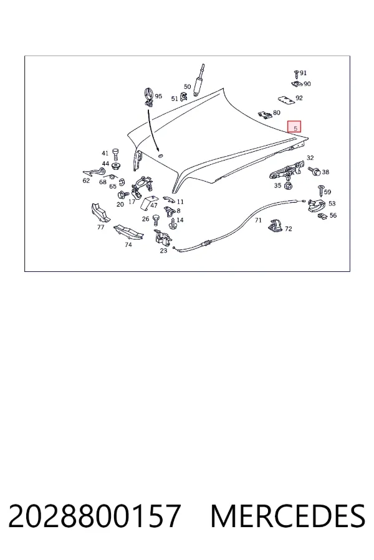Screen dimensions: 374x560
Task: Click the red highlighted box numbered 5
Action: [294, 126]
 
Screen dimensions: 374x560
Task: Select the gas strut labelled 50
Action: [198, 80]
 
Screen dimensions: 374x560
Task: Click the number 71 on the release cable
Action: [258, 220]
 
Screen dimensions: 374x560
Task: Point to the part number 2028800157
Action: [94, 516]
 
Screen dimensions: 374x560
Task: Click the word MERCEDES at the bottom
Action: [288, 516]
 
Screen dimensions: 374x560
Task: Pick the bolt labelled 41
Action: [115, 156]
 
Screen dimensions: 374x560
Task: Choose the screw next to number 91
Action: [296, 74]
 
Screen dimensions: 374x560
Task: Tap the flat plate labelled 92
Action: [286, 100]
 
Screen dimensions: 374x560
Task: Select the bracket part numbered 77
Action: [100, 213]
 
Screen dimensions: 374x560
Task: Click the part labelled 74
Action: [128, 233]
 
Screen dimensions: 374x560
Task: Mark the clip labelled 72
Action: [276, 226]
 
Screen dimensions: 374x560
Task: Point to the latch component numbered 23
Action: [162, 238]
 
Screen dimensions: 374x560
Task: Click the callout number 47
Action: [154, 205]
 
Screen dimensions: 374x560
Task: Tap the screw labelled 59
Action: [321, 190]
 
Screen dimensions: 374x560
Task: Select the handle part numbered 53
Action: [317, 205]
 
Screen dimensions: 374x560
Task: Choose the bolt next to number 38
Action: [315, 172]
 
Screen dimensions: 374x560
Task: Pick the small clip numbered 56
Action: [323, 216]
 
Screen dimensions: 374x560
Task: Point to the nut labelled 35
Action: [287, 186]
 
